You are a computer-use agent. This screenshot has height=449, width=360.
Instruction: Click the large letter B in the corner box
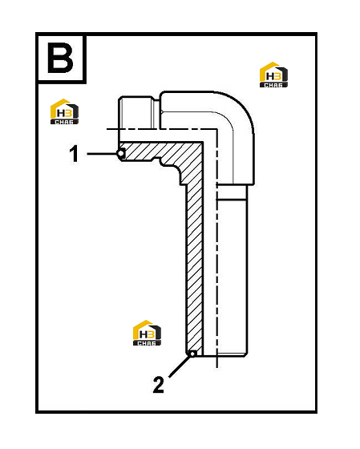pyautogui.click(x=60, y=58)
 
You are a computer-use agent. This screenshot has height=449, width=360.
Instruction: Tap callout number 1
pyautogui.click(x=74, y=154)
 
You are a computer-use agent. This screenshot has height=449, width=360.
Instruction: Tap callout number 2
pyautogui.click(x=159, y=384)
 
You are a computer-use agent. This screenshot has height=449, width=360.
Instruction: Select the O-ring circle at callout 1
pyautogui.click(x=121, y=154)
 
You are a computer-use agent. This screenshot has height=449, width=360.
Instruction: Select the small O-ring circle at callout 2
pyautogui.click(x=192, y=354)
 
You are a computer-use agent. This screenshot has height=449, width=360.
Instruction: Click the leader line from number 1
pyautogui.click(x=102, y=154)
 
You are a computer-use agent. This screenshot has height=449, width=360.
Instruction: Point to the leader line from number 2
pyautogui.click(x=180, y=366)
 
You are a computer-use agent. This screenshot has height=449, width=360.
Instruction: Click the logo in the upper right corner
pyautogui.click(x=273, y=75)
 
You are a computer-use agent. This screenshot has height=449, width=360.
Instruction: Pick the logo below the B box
pyautogui.click(x=64, y=111)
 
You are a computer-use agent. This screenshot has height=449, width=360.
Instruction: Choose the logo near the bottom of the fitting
pyautogui.click(x=147, y=333)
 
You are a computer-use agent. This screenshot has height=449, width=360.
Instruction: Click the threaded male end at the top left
pyautogui.click(x=136, y=112)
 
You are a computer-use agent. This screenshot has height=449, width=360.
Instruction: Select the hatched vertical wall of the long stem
pyautogui.click(x=194, y=266)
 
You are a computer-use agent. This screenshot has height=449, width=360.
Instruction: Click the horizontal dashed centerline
pyautogui.click(x=162, y=129)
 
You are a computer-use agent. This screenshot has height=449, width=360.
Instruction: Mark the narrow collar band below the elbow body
pyautogui.click(x=232, y=192)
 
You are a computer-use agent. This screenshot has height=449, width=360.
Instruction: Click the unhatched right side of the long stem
pyautogui.click(x=232, y=277)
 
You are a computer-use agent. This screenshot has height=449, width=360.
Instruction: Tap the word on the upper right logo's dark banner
pyautogui.click(x=273, y=85)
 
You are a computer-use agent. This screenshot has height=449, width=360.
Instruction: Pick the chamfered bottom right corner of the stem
pyautogui.click(x=245, y=354)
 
